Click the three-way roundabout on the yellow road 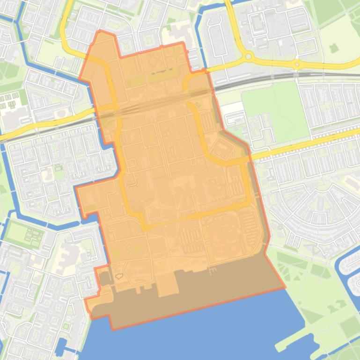click(249, 57)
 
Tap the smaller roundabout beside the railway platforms click(297, 64)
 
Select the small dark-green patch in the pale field click(333, 48)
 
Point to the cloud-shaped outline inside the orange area click(119, 276)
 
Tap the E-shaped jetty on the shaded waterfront click(213, 271)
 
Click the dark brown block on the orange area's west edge click(104, 279)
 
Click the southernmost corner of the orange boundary click(113, 329)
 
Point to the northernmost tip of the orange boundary click(99, 31)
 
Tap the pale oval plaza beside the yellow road click(323, 186)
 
